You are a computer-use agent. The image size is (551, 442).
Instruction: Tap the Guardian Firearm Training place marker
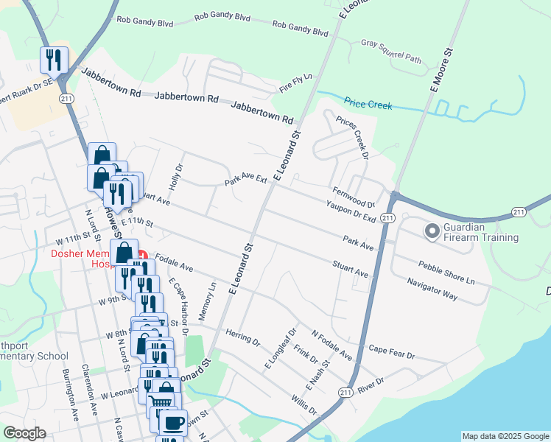tap(432, 231)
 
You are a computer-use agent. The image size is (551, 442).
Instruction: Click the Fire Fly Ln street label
tap(296, 83)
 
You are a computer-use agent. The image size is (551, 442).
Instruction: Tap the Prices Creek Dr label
tap(351, 136)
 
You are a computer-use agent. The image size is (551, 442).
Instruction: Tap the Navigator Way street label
tap(433, 288)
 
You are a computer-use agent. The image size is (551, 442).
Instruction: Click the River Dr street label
tap(371, 385)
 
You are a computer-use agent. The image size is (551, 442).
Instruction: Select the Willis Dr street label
tap(303, 404)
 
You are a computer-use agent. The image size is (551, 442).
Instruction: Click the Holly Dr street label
tap(176, 175)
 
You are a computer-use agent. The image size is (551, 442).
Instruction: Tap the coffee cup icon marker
tap(173, 424)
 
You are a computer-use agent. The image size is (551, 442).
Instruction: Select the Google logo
tap(24, 433)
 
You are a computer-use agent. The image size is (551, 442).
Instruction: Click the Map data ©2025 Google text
tap(505, 436)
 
